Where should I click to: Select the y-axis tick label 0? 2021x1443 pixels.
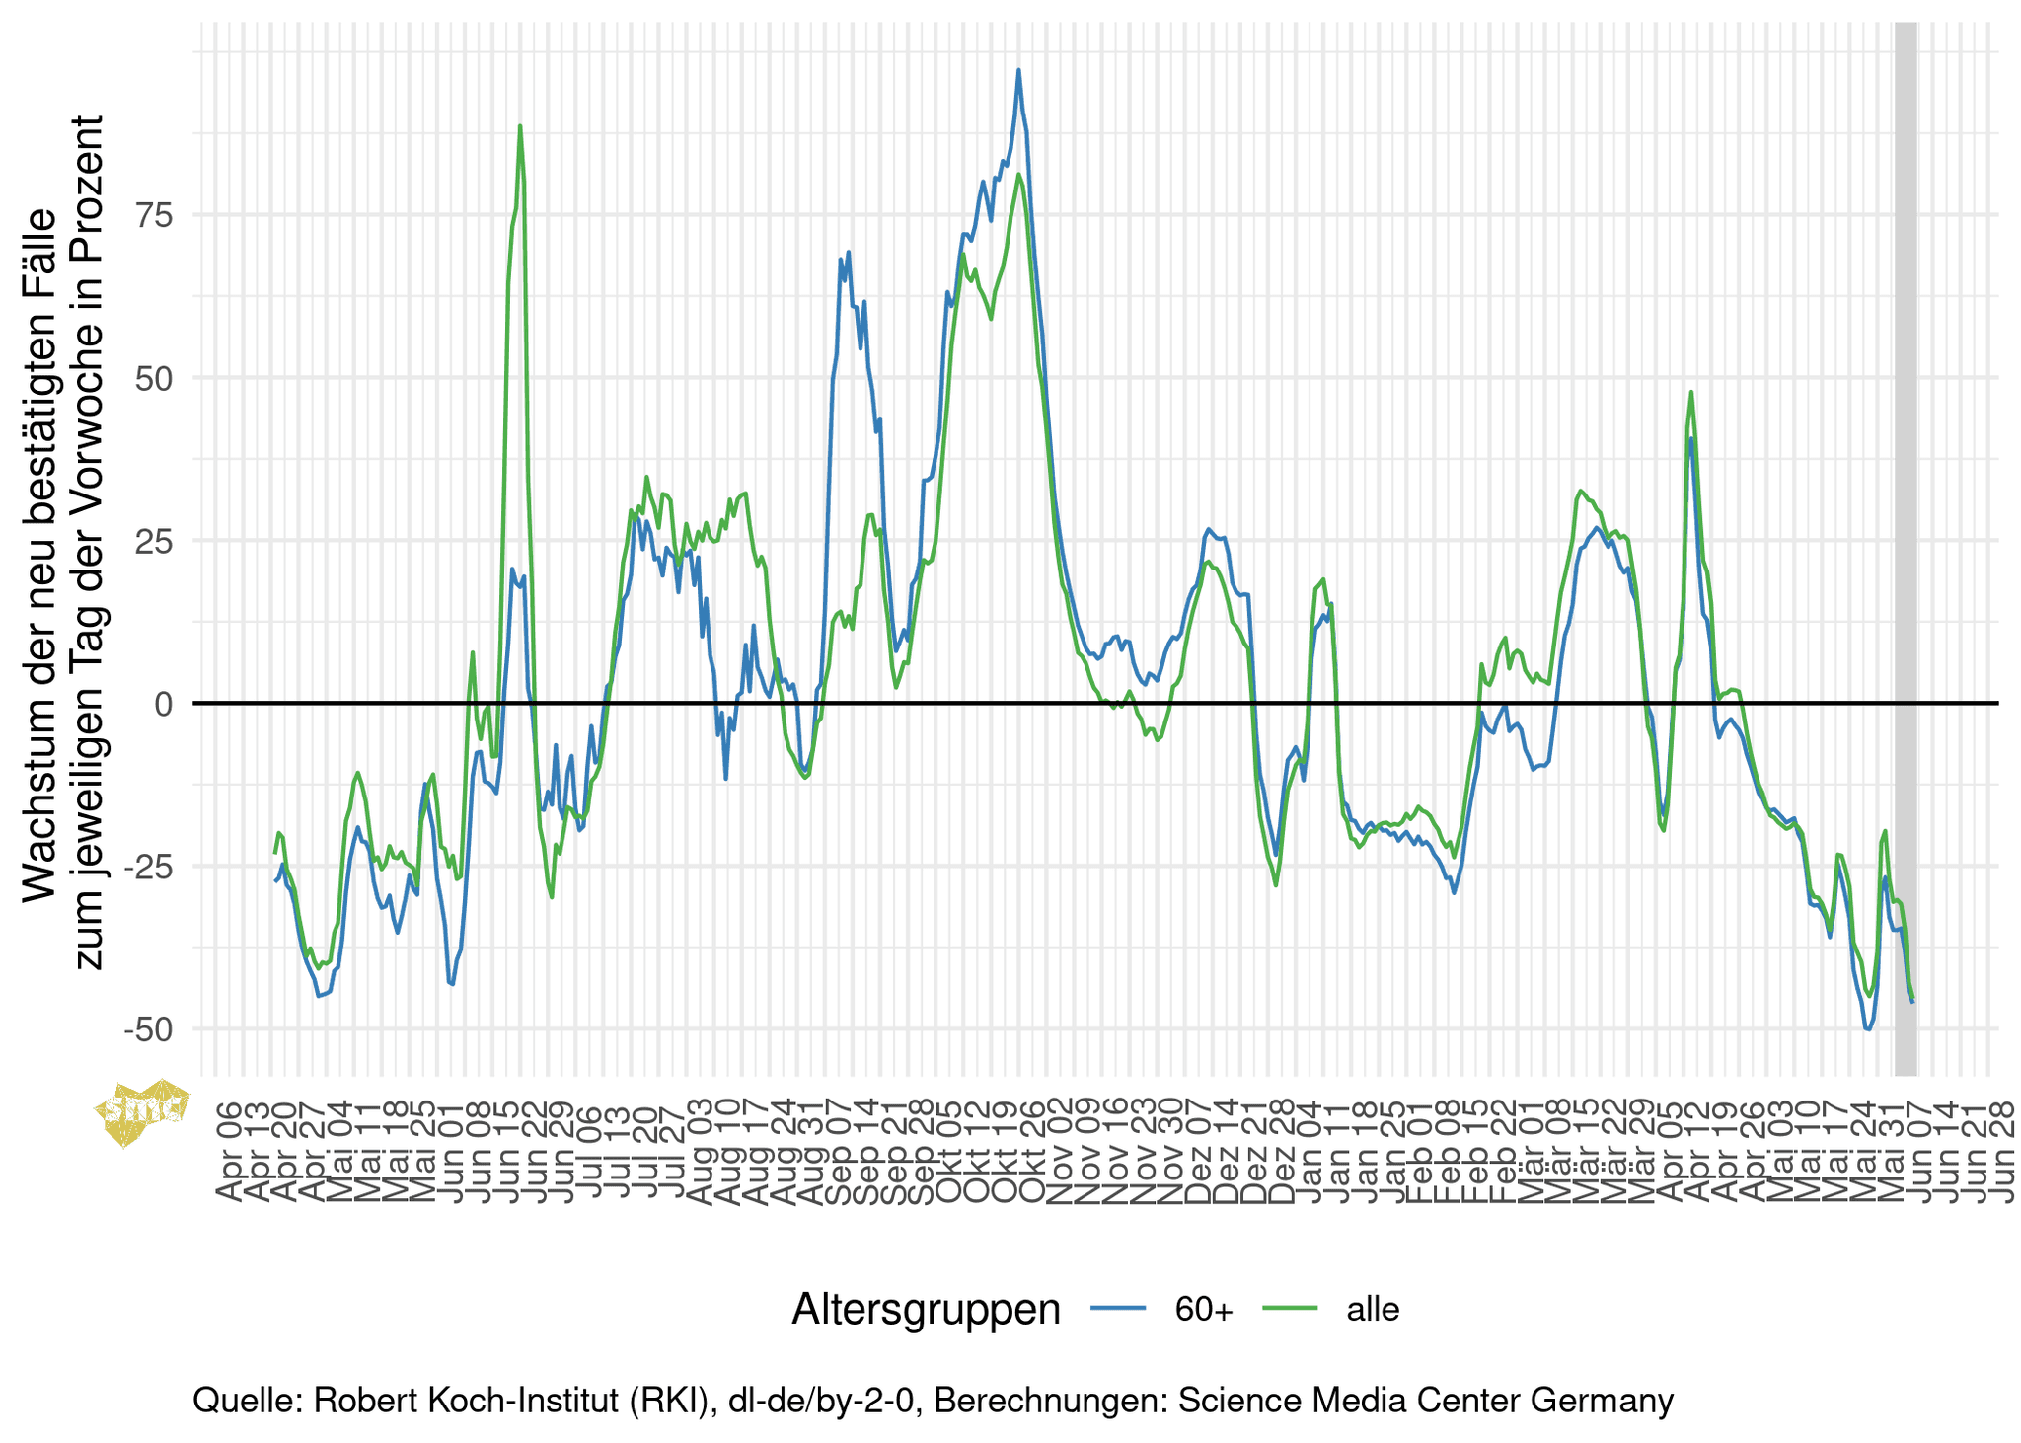coord(164,704)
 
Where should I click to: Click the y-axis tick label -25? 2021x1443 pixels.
coord(149,867)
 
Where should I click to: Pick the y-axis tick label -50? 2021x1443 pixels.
coord(149,1029)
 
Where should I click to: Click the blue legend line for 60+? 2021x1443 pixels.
coord(1118,1309)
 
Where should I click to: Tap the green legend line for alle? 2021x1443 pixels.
coord(1290,1309)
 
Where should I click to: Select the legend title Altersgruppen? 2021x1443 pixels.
coord(926,1309)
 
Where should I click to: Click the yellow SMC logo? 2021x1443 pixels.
coord(142,1111)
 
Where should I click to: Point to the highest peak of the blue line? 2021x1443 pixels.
coord(1018,70)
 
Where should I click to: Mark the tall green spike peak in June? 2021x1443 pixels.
coord(520,126)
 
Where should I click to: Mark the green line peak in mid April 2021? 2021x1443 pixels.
coord(1690,392)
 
